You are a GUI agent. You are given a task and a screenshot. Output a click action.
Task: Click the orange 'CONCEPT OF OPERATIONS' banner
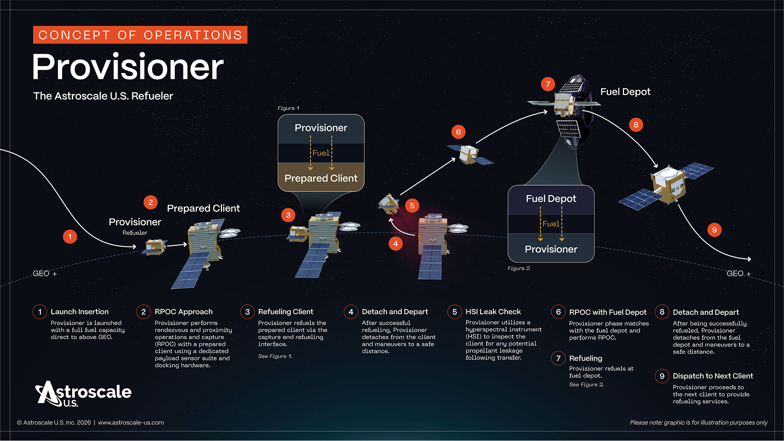(140, 35)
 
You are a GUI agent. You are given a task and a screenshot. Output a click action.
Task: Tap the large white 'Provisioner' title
(128, 67)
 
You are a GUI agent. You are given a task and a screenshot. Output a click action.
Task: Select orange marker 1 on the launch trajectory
(70, 236)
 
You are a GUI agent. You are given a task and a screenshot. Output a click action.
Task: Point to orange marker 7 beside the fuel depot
(548, 84)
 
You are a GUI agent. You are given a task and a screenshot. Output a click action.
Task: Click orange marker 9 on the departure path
(714, 230)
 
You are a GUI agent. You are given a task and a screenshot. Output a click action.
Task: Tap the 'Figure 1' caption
(288, 108)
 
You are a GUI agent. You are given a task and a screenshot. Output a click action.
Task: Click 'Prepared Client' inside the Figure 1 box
(321, 178)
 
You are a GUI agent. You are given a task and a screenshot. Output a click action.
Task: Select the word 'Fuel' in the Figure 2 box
(551, 224)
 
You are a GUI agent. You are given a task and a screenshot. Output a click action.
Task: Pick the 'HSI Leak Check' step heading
(493, 312)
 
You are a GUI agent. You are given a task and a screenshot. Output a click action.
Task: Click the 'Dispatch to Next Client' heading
(713, 376)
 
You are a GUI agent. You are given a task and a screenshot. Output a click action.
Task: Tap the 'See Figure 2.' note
(586, 385)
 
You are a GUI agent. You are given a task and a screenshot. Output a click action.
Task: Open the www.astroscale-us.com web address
(131, 422)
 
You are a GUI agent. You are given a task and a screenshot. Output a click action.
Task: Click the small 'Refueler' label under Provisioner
(135, 233)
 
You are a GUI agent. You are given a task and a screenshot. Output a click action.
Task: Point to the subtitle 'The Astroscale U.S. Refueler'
(103, 96)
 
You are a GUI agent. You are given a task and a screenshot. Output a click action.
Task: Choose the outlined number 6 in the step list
(558, 312)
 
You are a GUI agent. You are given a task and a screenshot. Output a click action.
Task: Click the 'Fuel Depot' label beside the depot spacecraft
(625, 92)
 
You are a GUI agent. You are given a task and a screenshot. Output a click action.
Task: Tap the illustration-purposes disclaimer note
(698, 422)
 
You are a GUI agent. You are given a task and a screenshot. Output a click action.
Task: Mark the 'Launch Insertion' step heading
(80, 312)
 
